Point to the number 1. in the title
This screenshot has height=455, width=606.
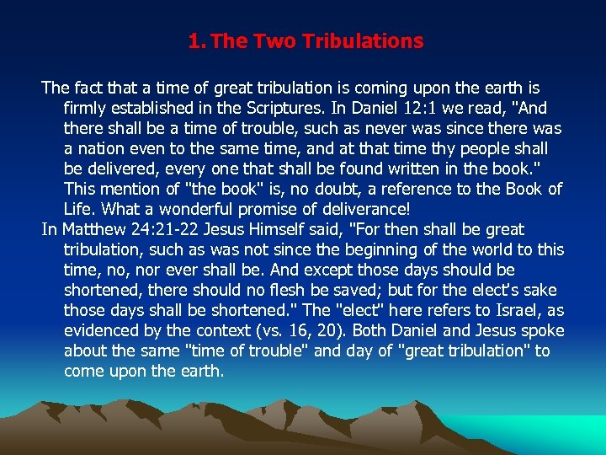197,40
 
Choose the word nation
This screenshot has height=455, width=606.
102,148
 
